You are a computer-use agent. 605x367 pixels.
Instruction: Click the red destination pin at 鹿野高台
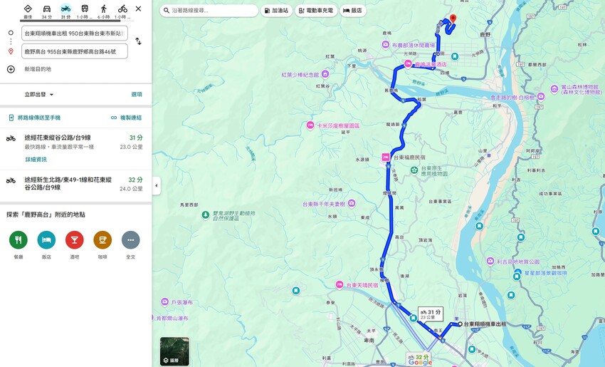click(x=453, y=19)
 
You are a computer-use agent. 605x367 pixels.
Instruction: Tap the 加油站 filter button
click(x=276, y=11)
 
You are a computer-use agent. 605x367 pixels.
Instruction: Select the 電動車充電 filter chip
click(x=316, y=11)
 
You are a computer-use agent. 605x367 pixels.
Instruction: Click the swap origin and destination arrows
click(x=138, y=41)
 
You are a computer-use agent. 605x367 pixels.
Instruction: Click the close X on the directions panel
click(x=138, y=9)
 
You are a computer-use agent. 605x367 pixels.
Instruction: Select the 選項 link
click(x=136, y=94)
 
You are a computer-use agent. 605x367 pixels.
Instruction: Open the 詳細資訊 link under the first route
click(x=36, y=160)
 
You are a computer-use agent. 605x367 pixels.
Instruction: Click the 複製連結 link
click(x=126, y=118)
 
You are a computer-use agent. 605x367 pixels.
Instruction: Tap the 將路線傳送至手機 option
click(x=38, y=118)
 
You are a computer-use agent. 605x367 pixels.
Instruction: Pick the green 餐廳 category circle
click(x=19, y=240)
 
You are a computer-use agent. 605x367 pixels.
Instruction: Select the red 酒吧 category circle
click(x=75, y=240)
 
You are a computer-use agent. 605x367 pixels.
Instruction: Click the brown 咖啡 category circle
click(x=102, y=240)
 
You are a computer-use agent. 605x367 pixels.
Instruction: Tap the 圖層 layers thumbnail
click(x=174, y=351)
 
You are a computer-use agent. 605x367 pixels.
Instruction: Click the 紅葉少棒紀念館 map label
click(x=302, y=74)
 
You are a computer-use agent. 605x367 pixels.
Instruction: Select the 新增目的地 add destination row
click(x=37, y=69)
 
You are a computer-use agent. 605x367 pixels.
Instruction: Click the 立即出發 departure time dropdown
click(x=39, y=94)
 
